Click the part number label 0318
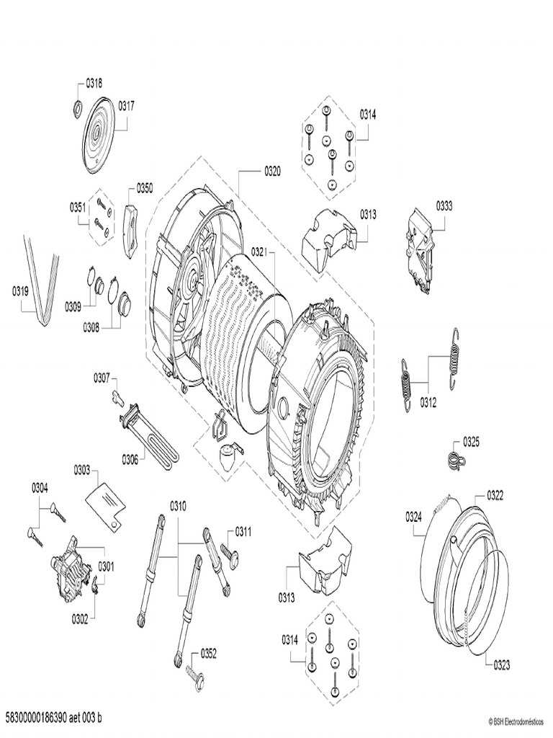(94, 84)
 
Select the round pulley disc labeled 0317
(98, 135)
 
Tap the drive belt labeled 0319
(42, 281)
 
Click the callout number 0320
(271, 172)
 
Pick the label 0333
(444, 205)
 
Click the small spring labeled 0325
(454, 460)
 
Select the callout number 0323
(501, 665)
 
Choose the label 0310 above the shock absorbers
(178, 507)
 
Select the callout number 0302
(81, 619)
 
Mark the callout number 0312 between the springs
(428, 403)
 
